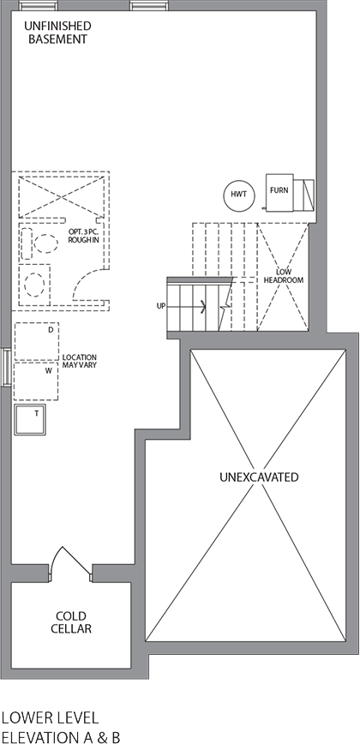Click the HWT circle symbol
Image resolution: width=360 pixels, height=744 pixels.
point(238,195)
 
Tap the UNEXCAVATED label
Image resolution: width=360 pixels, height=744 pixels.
point(258,477)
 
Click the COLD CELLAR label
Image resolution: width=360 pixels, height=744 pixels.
point(73,622)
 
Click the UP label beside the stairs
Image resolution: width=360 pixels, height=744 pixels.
point(160,305)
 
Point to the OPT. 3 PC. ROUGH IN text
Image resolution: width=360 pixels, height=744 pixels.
point(85,236)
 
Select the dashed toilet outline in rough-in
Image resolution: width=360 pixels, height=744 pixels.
point(33,243)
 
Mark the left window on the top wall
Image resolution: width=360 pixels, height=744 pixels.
point(33,5)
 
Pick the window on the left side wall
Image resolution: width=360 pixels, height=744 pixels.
point(7,369)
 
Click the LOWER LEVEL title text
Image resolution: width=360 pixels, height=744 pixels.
point(50,717)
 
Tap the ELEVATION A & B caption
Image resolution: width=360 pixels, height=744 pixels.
point(60,735)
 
